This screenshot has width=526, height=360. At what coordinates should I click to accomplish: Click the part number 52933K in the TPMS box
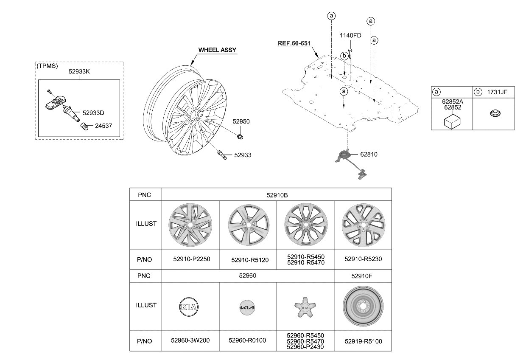(79, 72)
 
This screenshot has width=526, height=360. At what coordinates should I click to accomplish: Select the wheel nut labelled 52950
(240, 136)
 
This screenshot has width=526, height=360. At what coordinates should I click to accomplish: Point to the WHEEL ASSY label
(217, 50)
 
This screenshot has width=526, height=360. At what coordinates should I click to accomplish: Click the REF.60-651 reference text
(294, 43)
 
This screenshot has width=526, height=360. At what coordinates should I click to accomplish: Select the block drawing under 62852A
(452, 121)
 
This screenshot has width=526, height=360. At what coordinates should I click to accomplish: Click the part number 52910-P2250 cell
(192, 259)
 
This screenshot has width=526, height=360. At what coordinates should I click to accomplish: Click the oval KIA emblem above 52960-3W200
(190, 306)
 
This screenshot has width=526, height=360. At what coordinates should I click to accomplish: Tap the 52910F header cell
(362, 276)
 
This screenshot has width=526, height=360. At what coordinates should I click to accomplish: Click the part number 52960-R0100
(247, 340)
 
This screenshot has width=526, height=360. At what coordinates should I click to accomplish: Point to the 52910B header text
(277, 195)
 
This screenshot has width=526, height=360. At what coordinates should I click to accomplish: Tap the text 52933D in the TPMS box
(93, 113)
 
